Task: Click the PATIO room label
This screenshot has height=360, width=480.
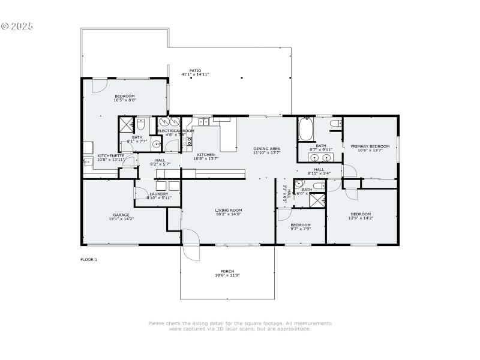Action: pyautogui.click(x=195, y=71)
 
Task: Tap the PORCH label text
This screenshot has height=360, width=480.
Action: pyautogui.click(x=227, y=271)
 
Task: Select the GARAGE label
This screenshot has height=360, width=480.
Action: pyautogui.click(x=121, y=215)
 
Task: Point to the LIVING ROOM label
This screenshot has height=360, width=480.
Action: pyautogui.click(x=228, y=210)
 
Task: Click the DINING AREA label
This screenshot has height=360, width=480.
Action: pyautogui.click(x=266, y=149)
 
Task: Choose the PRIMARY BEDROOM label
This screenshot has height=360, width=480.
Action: pyautogui.click(x=370, y=146)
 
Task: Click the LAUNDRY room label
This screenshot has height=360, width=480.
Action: pyautogui.click(x=159, y=194)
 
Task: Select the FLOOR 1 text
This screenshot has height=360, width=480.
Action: pyautogui.click(x=89, y=259)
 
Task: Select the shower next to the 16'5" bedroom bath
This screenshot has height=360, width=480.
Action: pyautogui.click(x=127, y=125)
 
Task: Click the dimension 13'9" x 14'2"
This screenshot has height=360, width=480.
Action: pyautogui.click(x=361, y=218)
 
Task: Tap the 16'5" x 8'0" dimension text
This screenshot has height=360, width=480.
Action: pyautogui.click(x=125, y=100)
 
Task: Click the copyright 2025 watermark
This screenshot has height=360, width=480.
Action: pyautogui.click(x=17, y=26)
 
